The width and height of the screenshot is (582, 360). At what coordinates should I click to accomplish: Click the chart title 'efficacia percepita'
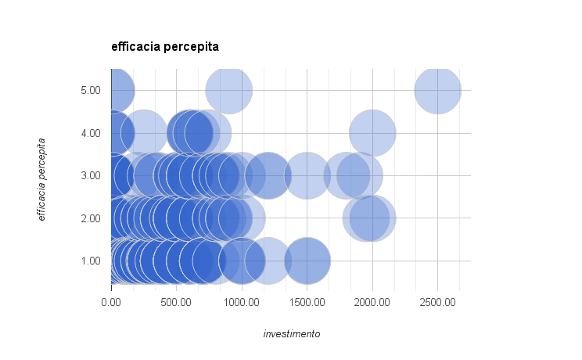pyautogui.click(x=165, y=47)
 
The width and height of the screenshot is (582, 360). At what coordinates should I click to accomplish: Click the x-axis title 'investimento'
pyautogui.click(x=292, y=334)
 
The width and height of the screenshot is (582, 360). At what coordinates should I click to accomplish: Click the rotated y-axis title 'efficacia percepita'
pyautogui.click(x=42, y=179)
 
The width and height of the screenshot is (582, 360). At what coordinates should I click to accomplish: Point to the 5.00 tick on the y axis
pyautogui.click(x=90, y=91)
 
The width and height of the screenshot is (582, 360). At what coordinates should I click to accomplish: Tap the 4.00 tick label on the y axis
pyautogui.click(x=90, y=134)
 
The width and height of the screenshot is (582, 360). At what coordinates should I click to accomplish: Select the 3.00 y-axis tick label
pyautogui.click(x=90, y=176)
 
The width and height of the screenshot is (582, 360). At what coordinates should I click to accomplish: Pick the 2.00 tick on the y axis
pyautogui.click(x=90, y=218)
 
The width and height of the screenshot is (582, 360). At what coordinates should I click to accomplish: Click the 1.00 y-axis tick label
pyautogui.click(x=90, y=261)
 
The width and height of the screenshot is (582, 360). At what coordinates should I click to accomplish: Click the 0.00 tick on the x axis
pyautogui.click(x=112, y=301)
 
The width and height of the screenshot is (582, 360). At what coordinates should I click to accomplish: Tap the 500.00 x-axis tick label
pyautogui.click(x=177, y=301)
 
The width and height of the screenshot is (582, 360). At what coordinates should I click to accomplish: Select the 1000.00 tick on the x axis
pyautogui.click(x=242, y=301)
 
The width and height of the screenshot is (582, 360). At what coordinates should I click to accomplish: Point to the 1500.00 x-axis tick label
pyautogui.click(x=307, y=301)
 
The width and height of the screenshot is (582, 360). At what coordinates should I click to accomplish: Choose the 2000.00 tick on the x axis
pyautogui.click(x=372, y=301)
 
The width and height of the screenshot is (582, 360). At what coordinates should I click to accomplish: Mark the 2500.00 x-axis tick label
pyautogui.click(x=436, y=301)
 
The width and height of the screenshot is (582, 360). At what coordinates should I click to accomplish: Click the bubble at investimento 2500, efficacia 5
pyautogui.click(x=437, y=90)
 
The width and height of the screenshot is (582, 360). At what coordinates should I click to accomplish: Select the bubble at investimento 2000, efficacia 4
pyautogui.click(x=372, y=133)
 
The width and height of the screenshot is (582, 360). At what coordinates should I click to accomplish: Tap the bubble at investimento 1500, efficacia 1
pyautogui.click(x=307, y=261)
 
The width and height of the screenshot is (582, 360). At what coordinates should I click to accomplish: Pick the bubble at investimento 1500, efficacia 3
pyautogui.click(x=307, y=175)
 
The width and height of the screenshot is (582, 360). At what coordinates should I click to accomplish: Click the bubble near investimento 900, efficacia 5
pyautogui.click(x=228, y=90)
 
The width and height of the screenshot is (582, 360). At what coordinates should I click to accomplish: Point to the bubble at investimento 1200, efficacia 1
pyautogui.click(x=268, y=261)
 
